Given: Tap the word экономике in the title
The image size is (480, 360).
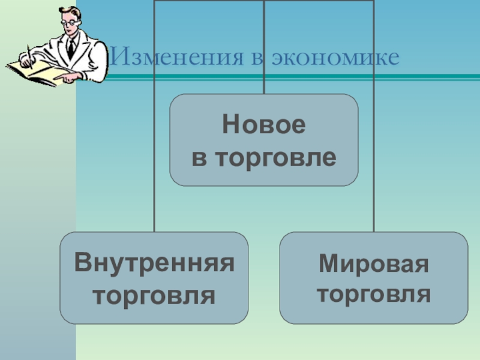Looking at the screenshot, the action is click(335, 58).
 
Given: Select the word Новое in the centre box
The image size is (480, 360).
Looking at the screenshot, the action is click(264, 126).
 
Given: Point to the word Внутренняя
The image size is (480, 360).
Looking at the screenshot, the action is click(154, 263).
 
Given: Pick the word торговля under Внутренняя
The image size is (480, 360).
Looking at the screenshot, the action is click(154, 295).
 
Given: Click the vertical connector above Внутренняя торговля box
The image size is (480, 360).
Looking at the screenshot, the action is click(154, 150).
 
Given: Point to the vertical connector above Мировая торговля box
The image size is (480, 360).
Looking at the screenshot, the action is click(374, 150).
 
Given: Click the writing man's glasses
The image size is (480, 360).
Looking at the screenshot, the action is click(71, 20).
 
